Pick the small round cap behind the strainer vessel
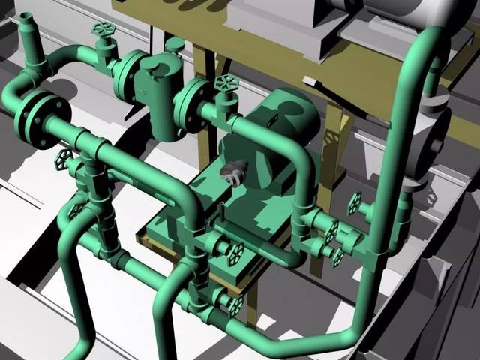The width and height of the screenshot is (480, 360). (174, 44)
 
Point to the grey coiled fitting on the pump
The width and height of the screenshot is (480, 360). (233, 172)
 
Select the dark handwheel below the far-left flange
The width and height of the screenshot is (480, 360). (63, 158)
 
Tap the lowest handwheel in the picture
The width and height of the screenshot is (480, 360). (237, 304)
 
